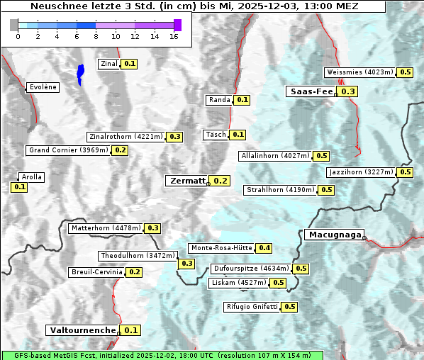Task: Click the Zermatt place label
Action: pos(186,181)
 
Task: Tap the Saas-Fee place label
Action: pos(311,91)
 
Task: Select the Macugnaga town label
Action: pos(334,235)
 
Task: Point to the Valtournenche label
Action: pos(82,330)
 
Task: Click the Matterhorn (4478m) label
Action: pos(105,228)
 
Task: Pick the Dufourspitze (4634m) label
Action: pos(251,269)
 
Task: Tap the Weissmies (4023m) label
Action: pos(360,72)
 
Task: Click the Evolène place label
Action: pos(43,87)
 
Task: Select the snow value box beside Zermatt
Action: pos(221,181)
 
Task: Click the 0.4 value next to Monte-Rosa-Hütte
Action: pos(264,248)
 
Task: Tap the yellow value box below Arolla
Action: pos(19,187)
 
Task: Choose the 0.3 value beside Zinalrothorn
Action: pos(174,137)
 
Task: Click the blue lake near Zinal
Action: pos(80,73)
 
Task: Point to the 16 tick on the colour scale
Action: pos(174,36)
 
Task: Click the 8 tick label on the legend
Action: pos(96,36)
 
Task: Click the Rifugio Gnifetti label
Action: pos(252,307)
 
